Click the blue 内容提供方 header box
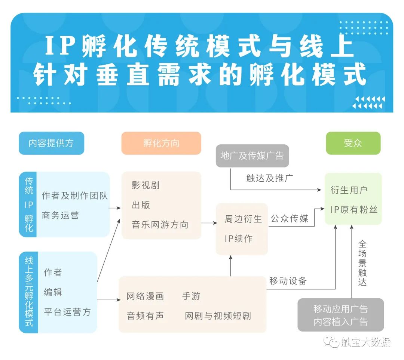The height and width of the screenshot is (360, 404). tap(51, 143)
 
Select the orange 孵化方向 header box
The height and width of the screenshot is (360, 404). tap(161, 143)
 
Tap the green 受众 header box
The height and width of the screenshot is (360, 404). tap(353, 143)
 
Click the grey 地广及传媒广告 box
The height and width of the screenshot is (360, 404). tap(252, 156)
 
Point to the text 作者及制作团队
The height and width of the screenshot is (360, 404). tap(75, 196)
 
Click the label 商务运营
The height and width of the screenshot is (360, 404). tap(60, 215)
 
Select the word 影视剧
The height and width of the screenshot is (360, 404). tap(146, 185)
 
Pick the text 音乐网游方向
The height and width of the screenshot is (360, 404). tap(160, 225)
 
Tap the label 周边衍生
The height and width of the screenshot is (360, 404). tap(243, 219)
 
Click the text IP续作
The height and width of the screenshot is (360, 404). tap(239, 239)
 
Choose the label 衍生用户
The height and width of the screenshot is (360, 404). tap(349, 190)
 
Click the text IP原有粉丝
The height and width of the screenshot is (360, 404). tap(353, 209)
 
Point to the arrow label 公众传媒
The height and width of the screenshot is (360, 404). tap(290, 218)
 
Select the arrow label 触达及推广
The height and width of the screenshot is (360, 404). tap(269, 178)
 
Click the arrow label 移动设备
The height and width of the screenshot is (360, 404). tap(288, 281)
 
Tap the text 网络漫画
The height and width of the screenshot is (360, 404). tap(145, 296)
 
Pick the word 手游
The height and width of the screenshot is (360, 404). tap(191, 296)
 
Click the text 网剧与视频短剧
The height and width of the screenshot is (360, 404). tap(218, 316)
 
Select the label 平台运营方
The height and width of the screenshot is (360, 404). tap(67, 312)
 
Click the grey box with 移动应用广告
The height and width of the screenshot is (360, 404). tap(340, 315)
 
